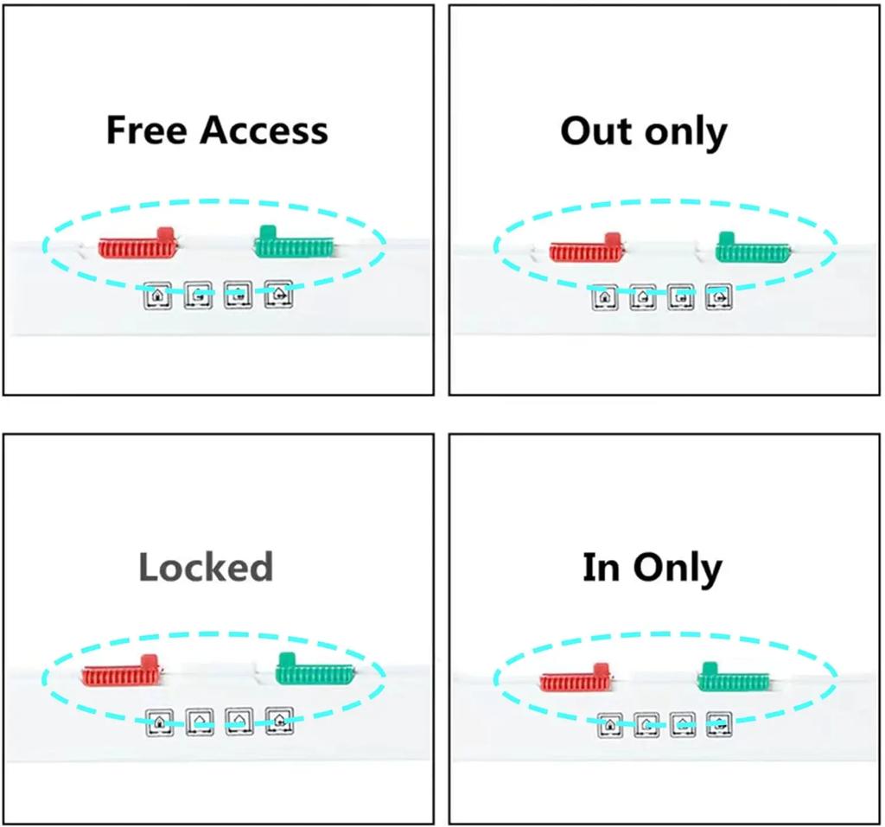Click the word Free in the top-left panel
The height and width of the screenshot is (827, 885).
[x=146, y=130]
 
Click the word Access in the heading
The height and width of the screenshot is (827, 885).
[x=264, y=130]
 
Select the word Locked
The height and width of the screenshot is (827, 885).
[x=206, y=567]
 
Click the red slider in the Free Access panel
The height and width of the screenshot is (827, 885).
[x=137, y=247]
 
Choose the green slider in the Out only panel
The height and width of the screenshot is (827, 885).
[x=752, y=250]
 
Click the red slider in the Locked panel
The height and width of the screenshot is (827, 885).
[x=120, y=672]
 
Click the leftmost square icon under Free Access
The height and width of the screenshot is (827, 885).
[x=157, y=296]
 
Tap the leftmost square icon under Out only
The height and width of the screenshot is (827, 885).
[x=605, y=297]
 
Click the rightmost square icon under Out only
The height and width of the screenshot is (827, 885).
[x=718, y=297]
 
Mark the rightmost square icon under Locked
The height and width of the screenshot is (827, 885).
[x=278, y=720]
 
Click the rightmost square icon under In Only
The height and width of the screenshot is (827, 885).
[x=719, y=724]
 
